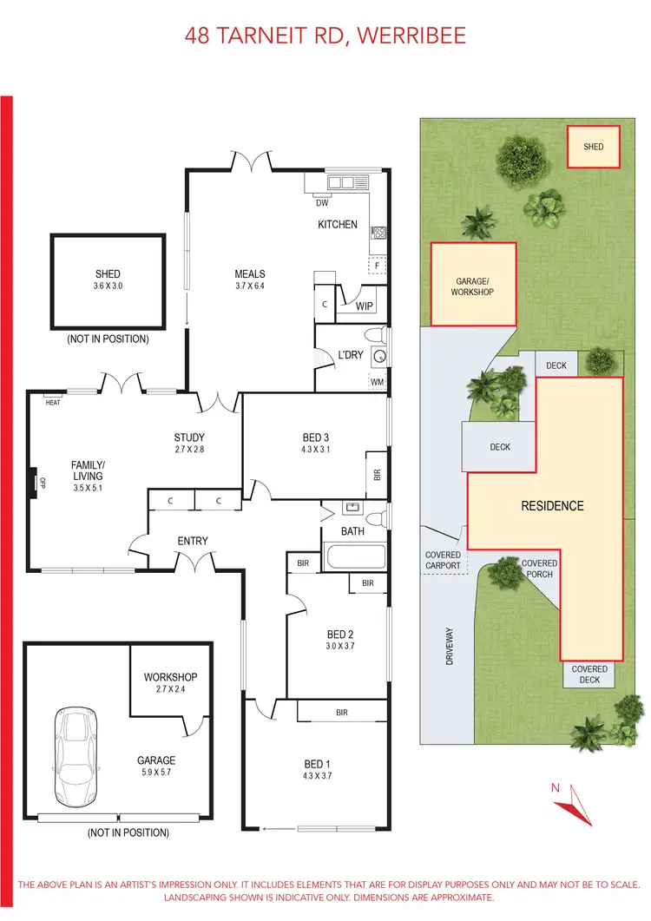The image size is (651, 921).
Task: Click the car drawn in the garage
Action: (x=76, y=755)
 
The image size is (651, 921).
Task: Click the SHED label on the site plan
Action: (x=593, y=148)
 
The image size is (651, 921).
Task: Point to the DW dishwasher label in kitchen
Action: (x=321, y=204)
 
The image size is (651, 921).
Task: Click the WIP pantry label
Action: (x=365, y=306)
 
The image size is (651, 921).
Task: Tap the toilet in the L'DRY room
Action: (x=376, y=335)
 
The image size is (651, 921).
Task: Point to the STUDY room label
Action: (x=188, y=437)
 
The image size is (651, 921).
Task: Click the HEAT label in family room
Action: (x=53, y=403)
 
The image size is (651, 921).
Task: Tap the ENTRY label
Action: (x=193, y=542)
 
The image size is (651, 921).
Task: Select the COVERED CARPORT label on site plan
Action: (x=443, y=561)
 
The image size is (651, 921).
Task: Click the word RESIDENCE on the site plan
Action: (x=552, y=505)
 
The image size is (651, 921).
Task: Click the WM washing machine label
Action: (x=377, y=381)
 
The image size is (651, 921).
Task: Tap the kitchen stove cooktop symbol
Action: (x=378, y=233)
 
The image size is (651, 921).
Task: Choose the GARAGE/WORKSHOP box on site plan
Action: (x=473, y=285)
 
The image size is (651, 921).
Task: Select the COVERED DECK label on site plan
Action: (x=589, y=674)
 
